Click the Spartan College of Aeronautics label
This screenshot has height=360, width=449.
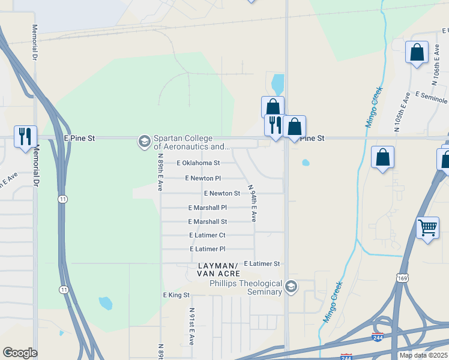click(x=191, y=142)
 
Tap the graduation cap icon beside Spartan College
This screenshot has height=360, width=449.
click(x=144, y=142)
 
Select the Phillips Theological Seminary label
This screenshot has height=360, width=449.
click(x=245, y=287)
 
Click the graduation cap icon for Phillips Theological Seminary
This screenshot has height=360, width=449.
click(x=291, y=287)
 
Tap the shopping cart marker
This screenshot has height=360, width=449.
click(x=427, y=227)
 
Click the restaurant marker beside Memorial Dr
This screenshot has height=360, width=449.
click(x=25, y=136)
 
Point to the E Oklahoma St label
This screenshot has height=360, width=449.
click(x=198, y=163)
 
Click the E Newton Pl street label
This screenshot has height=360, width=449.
click(x=203, y=178)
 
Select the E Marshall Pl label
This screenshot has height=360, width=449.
click(x=207, y=208)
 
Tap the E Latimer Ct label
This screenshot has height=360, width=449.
click(x=207, y=235)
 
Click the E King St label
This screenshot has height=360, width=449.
click(x=176, y=295)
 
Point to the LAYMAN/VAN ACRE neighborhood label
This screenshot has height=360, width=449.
click(x=218, y=269)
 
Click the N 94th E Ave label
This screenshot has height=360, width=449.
click(x=253, y=203)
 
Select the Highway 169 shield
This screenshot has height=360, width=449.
click(x=402, y=277)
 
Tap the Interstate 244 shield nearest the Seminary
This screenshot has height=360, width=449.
click(x=378, y=337)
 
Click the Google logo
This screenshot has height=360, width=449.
click(x=20, y=353)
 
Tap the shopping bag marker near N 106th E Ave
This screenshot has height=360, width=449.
click(x=417, y=52)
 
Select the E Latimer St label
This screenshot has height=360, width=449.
click(x=262, y=263)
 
